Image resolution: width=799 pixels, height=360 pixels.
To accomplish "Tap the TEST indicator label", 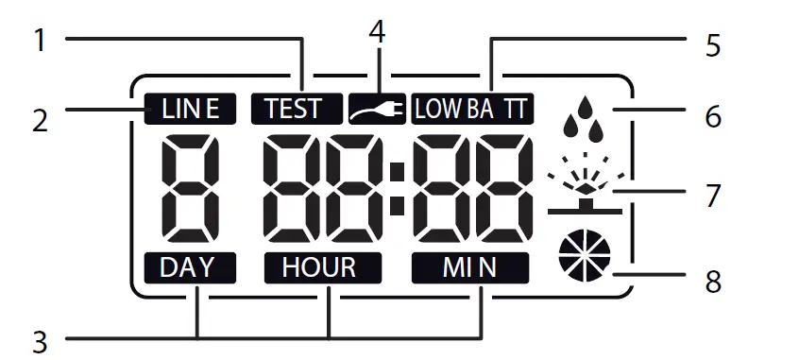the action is click(293, 109).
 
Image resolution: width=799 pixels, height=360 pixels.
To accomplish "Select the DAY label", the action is click(187, 267).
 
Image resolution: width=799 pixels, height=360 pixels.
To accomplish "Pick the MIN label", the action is click(470, 267).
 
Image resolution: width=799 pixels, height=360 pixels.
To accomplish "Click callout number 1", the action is click(40, 40).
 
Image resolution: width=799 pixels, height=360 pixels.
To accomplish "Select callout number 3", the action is click(40, 337).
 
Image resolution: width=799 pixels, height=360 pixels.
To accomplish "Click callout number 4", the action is click(377, 31).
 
